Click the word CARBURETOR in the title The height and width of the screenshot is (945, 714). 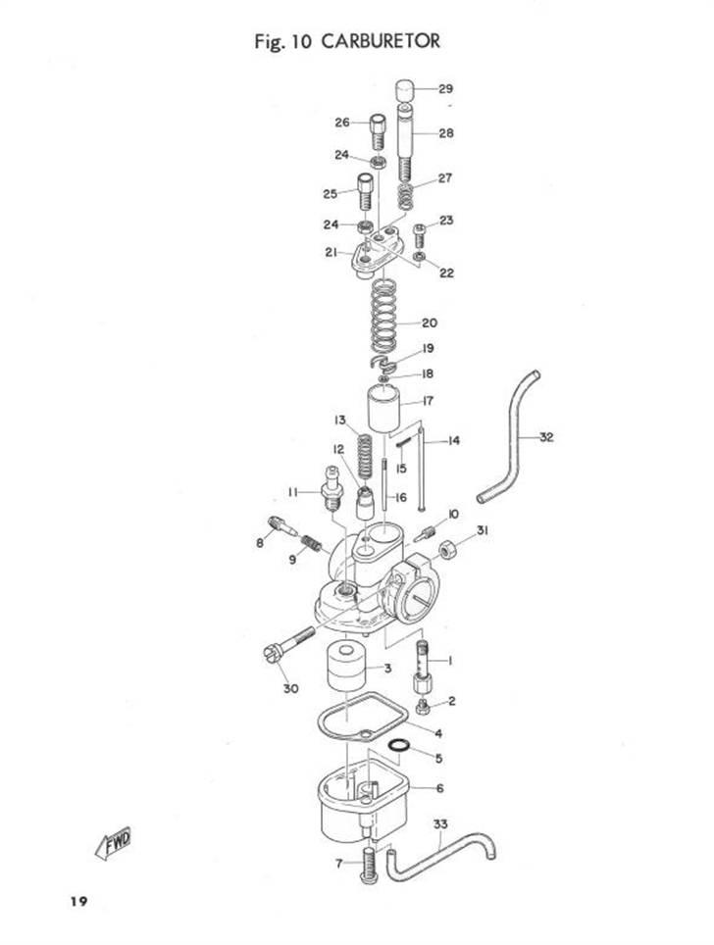tap(381, 41)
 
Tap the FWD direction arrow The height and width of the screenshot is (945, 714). tap(114, 842)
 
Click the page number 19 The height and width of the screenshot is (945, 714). tap(78, 902)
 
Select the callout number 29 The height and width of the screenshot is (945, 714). tap(445, 89)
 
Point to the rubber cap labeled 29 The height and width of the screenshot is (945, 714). tap(406, 92)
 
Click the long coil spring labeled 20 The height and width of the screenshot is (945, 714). tap(384, 317)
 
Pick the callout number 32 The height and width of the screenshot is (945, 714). tap(545, 437)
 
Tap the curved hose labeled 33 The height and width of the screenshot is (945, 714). tap(440, 856)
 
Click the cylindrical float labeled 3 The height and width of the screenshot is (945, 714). tap(347, 669)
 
